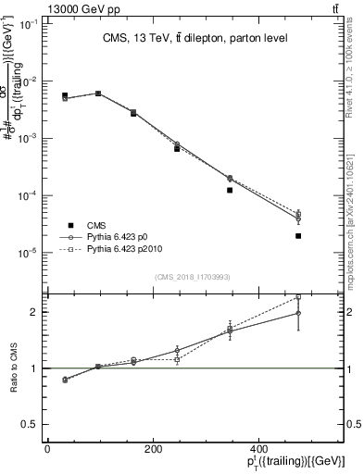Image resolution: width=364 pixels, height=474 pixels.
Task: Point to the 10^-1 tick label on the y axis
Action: (x=31, y=23)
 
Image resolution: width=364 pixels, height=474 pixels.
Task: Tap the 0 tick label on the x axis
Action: (x=47, y=449)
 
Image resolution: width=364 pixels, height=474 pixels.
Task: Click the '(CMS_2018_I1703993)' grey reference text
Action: (x=193, y=277)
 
